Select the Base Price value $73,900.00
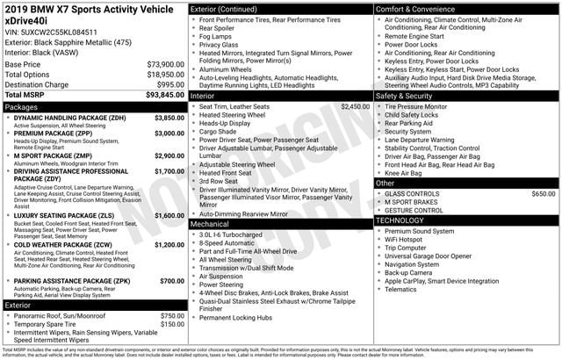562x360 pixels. [165, 64]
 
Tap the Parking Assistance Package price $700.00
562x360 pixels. [171, 281]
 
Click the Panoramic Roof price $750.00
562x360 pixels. [172, 315]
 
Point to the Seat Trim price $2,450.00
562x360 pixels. [355, 105]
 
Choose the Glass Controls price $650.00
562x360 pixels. [543, 193]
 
